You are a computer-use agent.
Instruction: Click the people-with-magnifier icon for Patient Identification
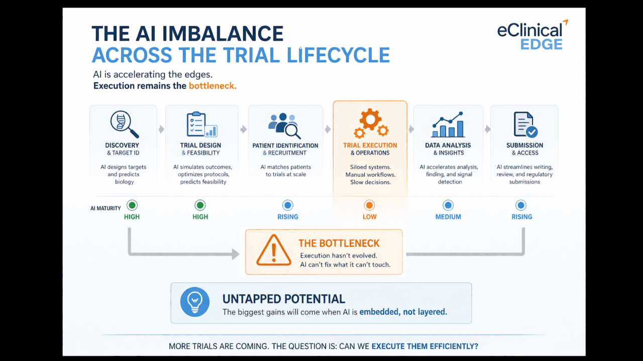coord(285,125)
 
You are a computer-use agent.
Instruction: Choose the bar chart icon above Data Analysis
coord(448,125)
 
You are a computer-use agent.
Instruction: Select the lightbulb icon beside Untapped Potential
coord(195,302)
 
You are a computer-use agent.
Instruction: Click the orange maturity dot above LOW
coord(369,205)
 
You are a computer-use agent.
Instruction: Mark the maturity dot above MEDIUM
coord(448,205)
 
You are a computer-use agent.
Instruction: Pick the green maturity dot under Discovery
coord(132,205)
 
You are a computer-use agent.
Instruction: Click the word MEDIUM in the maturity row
coord(448,217)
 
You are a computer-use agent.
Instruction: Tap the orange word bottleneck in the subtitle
coord(212,86)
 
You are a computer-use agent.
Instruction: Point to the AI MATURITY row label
coord(105,208)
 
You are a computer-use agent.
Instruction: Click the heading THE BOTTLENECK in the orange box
coord(339,244)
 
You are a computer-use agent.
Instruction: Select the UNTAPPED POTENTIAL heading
coord(284,299)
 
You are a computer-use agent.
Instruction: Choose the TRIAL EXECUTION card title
coord(370,146)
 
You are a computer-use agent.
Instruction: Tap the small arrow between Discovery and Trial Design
coord(161,130)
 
